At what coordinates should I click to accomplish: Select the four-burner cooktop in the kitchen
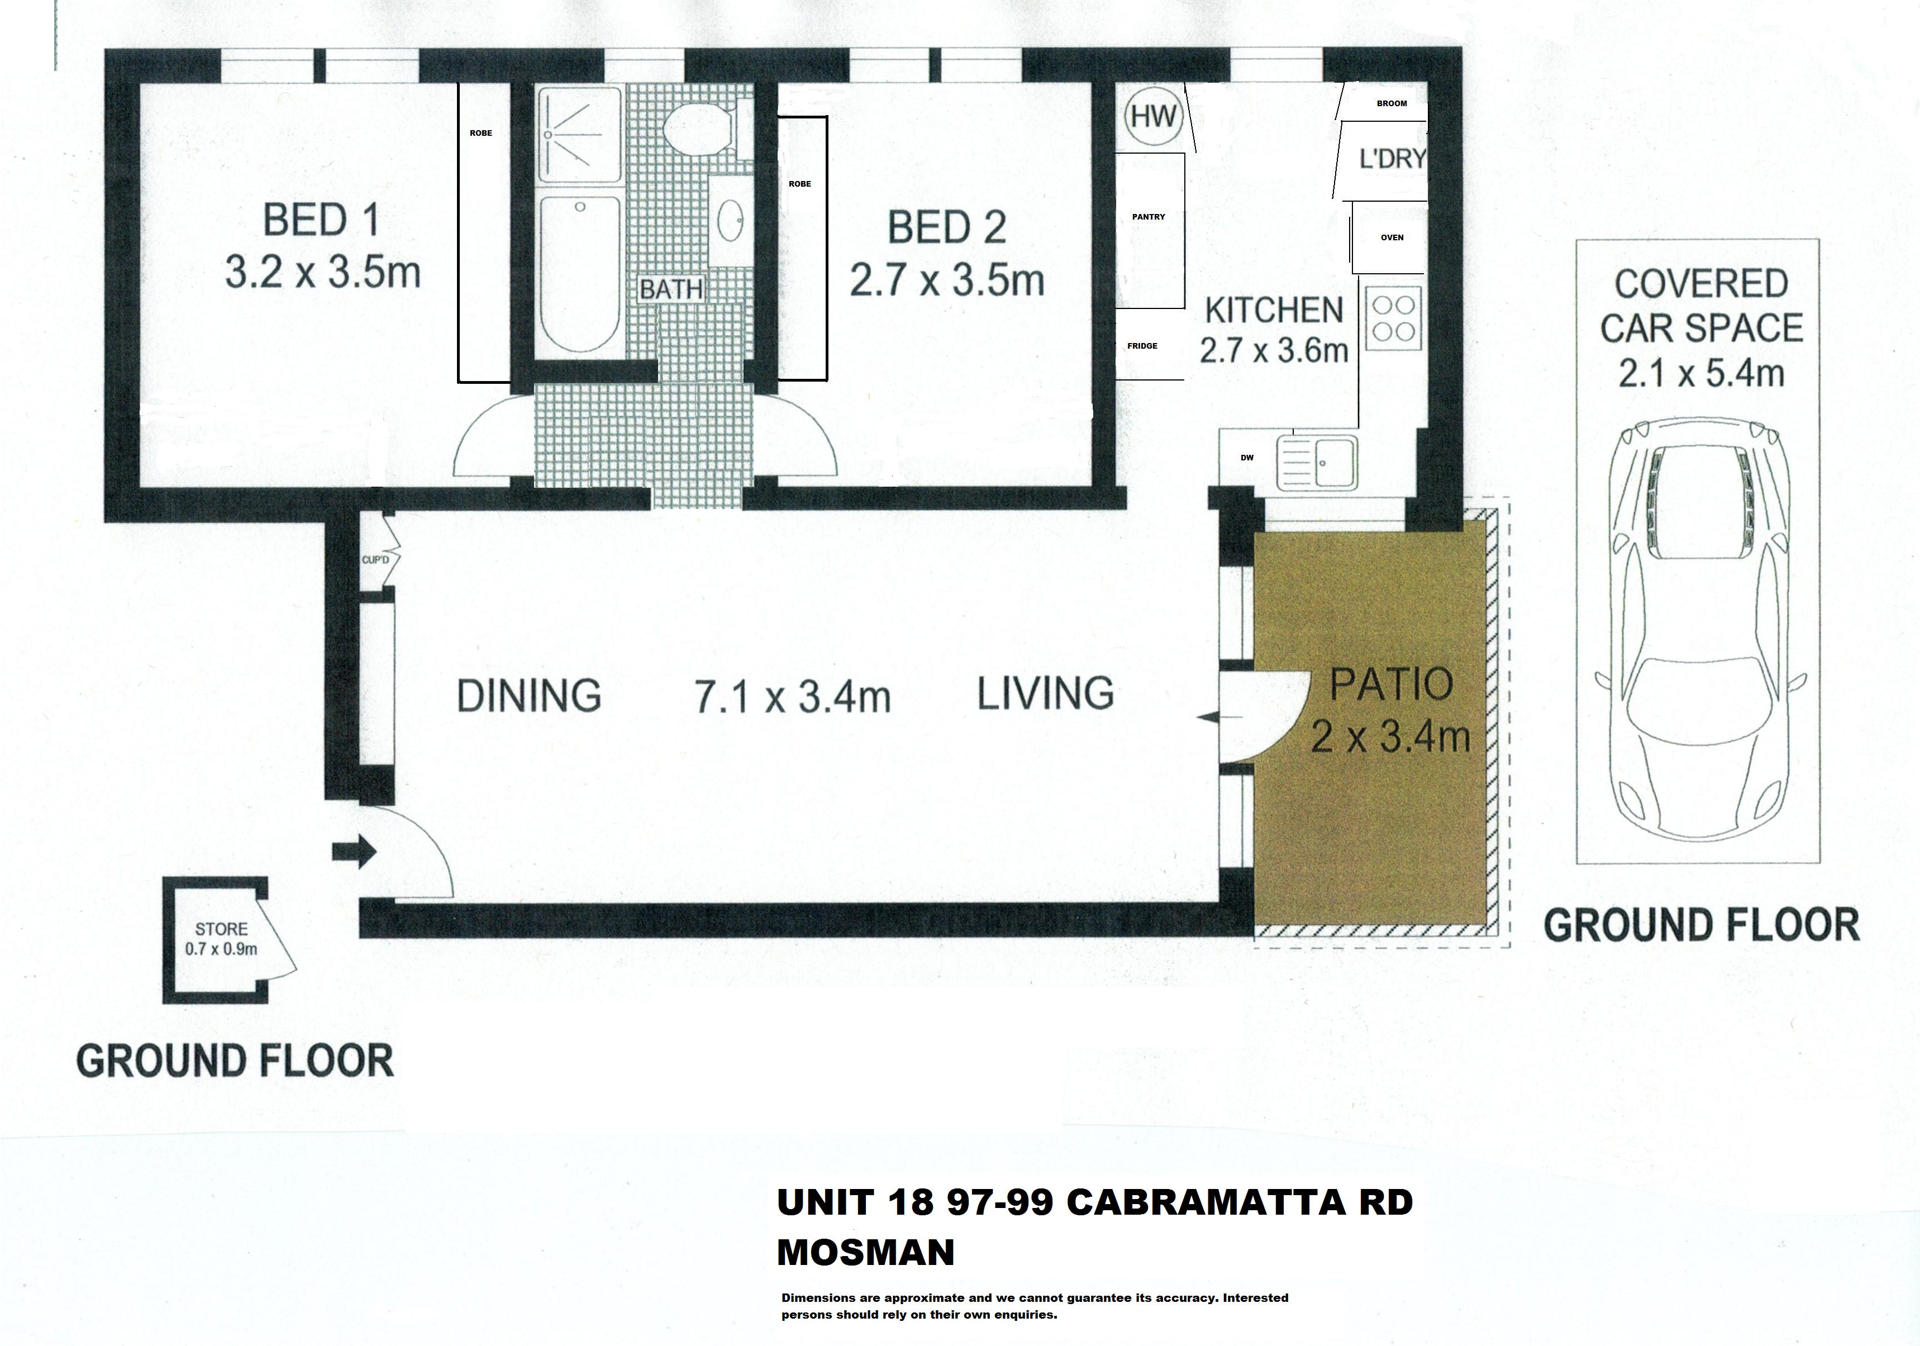pyautogui.click(x=1394, y=318)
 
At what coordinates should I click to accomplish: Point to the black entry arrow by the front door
pyautogui.click(x=355, y=852)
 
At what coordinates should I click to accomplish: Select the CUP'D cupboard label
pyautogui.click(x=375, y=560)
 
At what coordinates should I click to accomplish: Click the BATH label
pyautogui.click(x=671, y=289)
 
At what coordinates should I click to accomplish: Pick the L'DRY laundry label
pyautogui.click(x=1392, y=158)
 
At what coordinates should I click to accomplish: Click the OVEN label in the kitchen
pyautogui.click(x=1392, y=237)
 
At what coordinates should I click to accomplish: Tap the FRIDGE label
pyautogui.click(x=1142, y=345)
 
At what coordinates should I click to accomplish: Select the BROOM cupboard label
pyautogui.click(x=1392, y=104)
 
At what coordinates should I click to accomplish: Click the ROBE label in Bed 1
pyautogui.click(x=481, y=133)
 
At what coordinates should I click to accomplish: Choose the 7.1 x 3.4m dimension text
pyautogui.click(x=793, y=697)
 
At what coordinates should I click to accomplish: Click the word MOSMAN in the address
pyautogui.click(x=865, y=1252)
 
